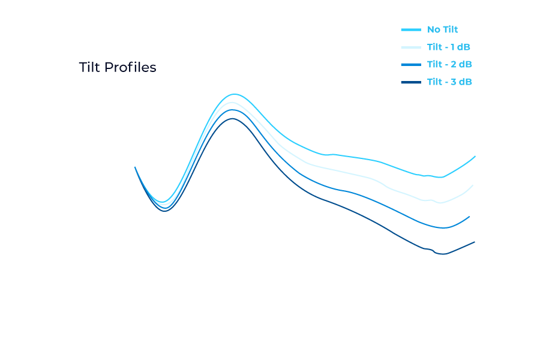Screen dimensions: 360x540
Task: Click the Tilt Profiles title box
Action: [118, 68]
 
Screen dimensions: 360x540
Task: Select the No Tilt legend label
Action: [442, 29]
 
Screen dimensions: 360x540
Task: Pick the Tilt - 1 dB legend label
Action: [449, 47]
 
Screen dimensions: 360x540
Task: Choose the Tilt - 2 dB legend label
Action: [449, 64]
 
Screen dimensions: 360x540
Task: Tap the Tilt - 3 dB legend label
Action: [449, 82]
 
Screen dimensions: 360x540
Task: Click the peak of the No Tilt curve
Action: [233, 94]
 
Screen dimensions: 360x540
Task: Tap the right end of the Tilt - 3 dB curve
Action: [475, 242]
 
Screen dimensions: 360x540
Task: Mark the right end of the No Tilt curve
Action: [475, 156]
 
